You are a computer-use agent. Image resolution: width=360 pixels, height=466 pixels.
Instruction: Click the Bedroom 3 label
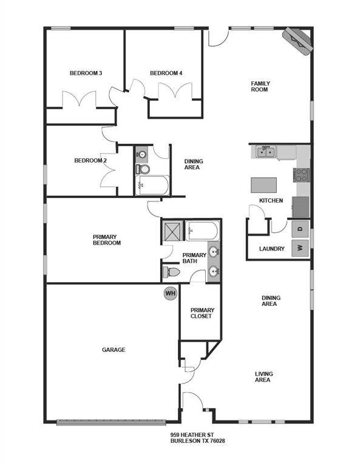(x=86, y=73)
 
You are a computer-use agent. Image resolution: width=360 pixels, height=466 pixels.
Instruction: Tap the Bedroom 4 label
(x=166, y=73)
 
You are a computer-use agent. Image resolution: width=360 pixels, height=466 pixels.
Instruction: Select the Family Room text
(x=260, y=86)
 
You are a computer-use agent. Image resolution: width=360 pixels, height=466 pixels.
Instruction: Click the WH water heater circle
(x=170, y=294)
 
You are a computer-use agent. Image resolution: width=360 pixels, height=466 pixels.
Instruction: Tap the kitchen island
(x=265, y=184)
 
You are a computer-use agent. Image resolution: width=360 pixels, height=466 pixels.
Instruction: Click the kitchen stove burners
(x=302, y=175)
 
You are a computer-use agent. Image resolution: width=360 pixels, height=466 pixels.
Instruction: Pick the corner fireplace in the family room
(x=298, y=41)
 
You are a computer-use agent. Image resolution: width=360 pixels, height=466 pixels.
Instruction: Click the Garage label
(x=114, y=350)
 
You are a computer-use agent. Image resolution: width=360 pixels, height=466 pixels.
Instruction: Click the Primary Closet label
(x=201, y=313)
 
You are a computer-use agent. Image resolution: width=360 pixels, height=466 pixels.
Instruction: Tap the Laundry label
(x=272, y=249)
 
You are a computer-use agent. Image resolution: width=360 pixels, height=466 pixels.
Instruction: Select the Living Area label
(x=263, y=377)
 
